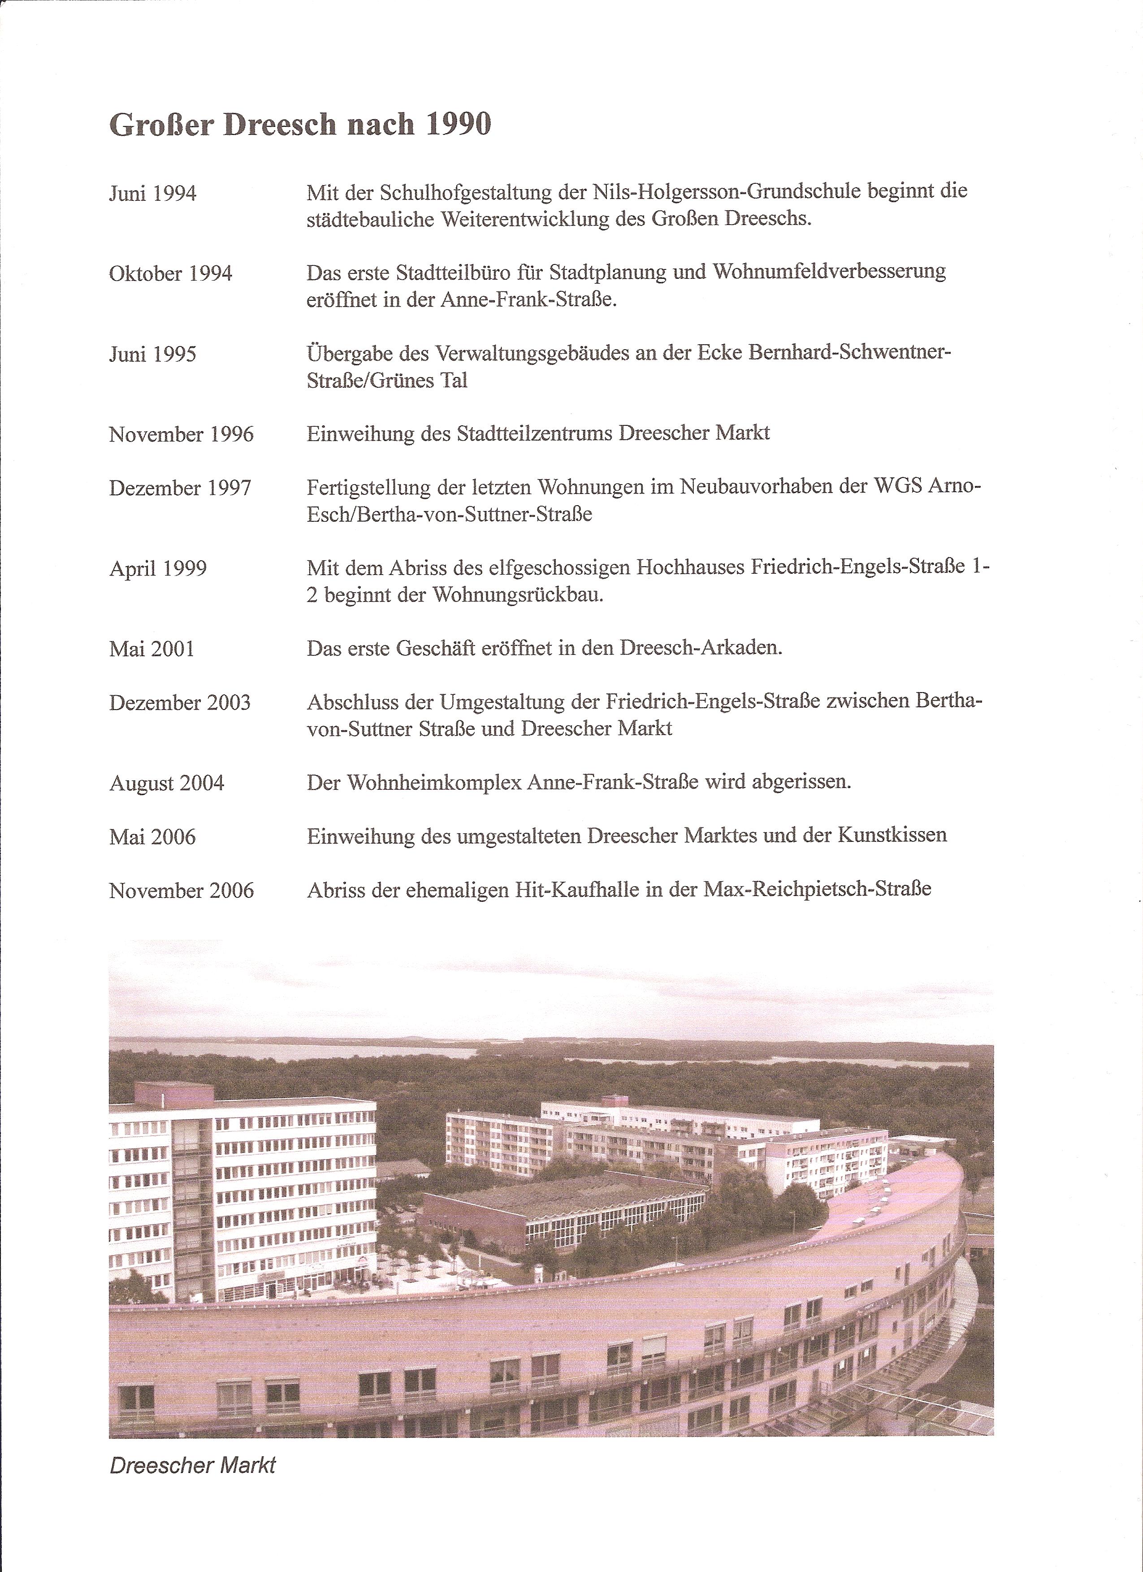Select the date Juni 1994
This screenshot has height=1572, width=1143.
[x=152, y=193]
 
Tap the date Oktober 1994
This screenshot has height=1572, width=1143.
[x=170, y=274]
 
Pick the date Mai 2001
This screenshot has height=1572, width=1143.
[x=152, y=650]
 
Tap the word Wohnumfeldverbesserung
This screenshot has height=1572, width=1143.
[x=829, y=271]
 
